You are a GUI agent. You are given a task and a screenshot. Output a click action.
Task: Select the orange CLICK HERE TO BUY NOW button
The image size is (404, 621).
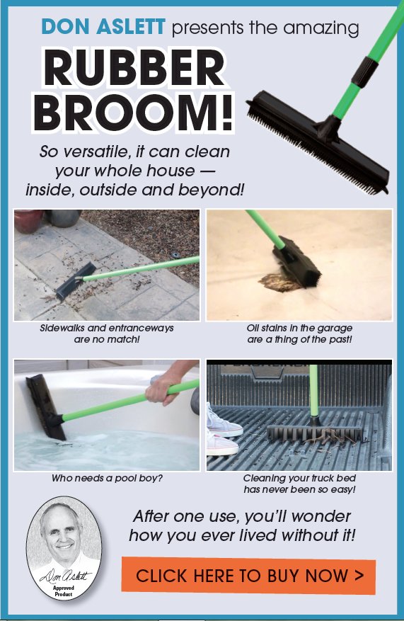pos(248,576)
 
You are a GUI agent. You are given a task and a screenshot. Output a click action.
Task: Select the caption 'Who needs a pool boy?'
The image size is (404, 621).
pos(107,479)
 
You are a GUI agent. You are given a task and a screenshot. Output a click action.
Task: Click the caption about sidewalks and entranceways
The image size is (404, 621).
pos(107,334)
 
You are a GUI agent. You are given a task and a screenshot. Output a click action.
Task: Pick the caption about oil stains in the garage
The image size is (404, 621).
pos(299,334)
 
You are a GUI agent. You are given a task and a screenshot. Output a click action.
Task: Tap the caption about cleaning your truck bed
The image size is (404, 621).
pos(299,484)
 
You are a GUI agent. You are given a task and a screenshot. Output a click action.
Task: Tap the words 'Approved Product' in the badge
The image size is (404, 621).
pos(64,591)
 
